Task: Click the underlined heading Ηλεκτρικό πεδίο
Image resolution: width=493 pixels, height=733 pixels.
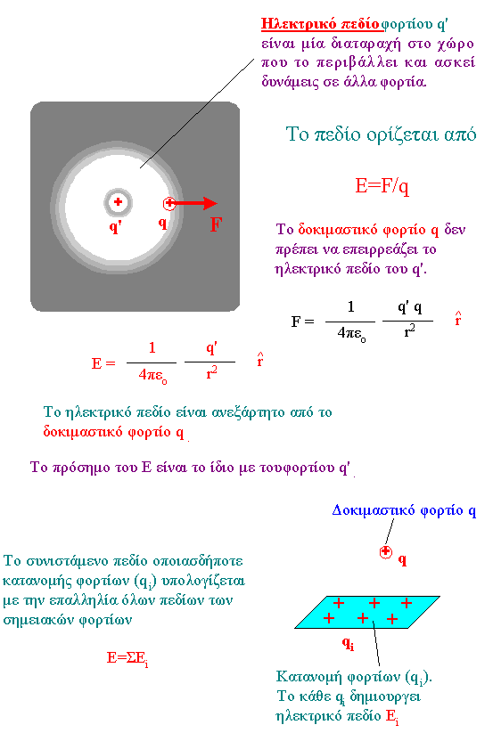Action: coord(320,24)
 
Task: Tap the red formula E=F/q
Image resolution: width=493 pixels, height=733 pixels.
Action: coord(382,186)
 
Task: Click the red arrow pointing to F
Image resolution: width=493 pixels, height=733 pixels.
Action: coord(195,203)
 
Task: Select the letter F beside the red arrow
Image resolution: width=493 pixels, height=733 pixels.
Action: coord(216,224)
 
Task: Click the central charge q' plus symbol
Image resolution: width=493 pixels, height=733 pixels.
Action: coord(118,201)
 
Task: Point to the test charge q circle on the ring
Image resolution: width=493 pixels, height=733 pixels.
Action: coord(168,203)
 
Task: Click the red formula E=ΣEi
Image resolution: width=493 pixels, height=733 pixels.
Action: coord(127,659)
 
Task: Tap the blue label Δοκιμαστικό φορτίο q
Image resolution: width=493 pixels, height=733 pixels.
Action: coord(404,510)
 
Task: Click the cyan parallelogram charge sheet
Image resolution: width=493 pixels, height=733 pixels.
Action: coord(367,612)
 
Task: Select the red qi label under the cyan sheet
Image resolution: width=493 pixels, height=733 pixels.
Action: coord(348,645)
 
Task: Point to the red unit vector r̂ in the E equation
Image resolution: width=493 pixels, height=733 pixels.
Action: coord(260,360)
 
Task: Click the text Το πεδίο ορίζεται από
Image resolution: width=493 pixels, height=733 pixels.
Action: coord(381,134)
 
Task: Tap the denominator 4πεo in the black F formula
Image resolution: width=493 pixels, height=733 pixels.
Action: coord(352,334)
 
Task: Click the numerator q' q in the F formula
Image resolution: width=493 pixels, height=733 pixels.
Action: coord(409,307)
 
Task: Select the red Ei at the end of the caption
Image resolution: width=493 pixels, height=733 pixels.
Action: coord(392,717)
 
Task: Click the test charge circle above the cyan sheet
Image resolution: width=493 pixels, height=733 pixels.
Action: coord(385,552)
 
